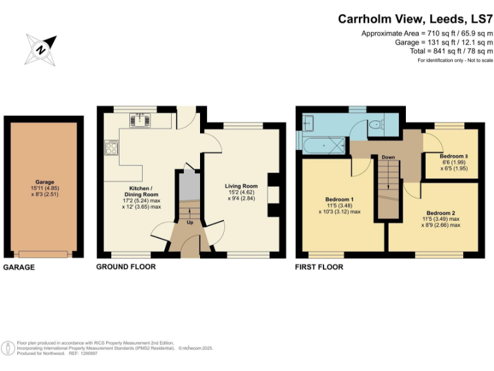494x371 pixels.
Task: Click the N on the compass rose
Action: pos(40,49)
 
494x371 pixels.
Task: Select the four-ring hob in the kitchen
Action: pos(111,149)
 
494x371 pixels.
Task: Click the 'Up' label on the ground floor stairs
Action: pos(190,223)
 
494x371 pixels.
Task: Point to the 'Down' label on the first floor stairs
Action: pos(388,157)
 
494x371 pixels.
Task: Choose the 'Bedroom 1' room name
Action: pos(339,199)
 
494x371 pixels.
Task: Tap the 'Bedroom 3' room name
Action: pos(453,157)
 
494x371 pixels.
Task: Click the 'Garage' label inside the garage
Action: pos(44,182)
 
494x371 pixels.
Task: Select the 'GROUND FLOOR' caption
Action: pos(125,267)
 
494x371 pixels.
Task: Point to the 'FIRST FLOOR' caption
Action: pos(319,267)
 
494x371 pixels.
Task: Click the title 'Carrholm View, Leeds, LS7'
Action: pos(416,19)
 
